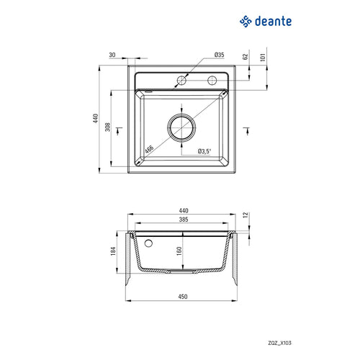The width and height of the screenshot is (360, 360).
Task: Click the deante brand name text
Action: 273,22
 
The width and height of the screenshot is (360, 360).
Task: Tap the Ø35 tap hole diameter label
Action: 219,55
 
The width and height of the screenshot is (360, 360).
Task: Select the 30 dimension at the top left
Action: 112,55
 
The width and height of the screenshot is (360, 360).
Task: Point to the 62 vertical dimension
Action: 246,57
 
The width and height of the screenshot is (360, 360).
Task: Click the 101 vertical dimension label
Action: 263,58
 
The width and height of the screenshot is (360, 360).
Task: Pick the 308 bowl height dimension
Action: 108,127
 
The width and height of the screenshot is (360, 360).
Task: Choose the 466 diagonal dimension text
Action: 149,149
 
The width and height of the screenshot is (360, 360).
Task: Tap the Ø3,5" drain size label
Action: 204,151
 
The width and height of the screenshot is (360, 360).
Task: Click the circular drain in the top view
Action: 181,127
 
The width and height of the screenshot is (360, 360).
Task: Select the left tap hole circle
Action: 181,81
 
